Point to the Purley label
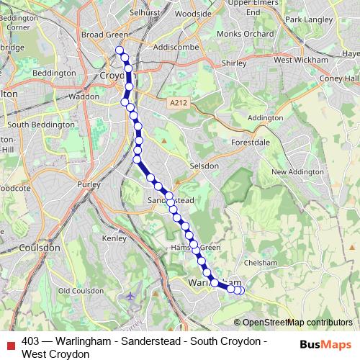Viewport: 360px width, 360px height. (89, 184)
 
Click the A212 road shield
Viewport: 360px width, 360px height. (179, 104)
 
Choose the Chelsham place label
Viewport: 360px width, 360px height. (260, 264)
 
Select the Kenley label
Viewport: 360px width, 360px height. (114, 238)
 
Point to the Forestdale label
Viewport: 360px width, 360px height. (249, 143)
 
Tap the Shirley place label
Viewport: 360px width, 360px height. (234, 63)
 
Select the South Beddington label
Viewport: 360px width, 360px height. (37, 125)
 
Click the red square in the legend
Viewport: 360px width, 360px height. (10, 341)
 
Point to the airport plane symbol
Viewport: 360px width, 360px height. (130, 296)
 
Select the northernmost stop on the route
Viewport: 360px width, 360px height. (120, 50)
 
